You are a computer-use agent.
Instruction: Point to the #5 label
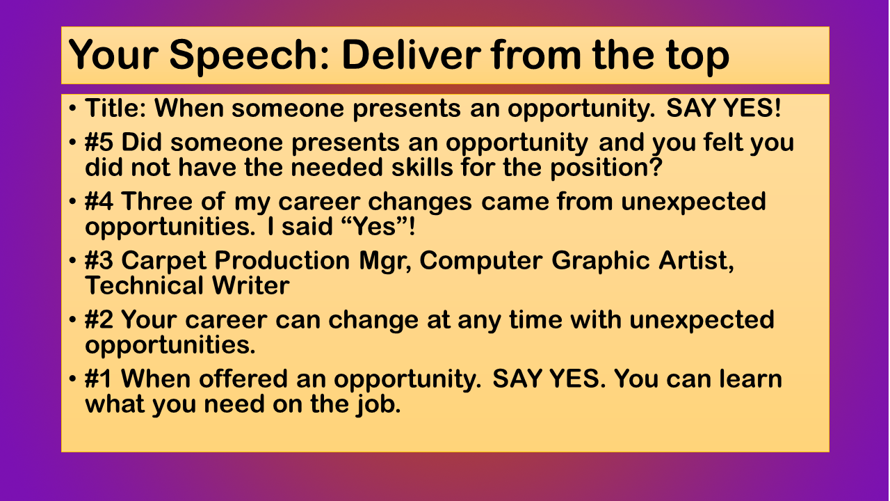click(x=99, y=142)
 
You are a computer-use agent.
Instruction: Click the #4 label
click(x=99, y=201)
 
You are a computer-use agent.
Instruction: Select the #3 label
click(x=99, y=260)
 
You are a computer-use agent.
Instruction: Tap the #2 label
click(x=99, y=319)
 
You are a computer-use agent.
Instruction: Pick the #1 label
click(x=98, y=378)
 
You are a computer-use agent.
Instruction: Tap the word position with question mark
click(x=606, y=168)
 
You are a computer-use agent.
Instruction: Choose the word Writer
click(x=251, y=285)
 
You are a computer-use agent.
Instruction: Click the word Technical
click(x=144, y=285)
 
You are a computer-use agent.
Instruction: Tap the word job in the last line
click(x=379, y=405)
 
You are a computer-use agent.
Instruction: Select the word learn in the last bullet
click(x=751, y=378)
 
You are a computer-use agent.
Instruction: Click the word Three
click(x=157, y=201)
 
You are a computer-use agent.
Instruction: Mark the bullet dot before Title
click(x=72, y=108)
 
